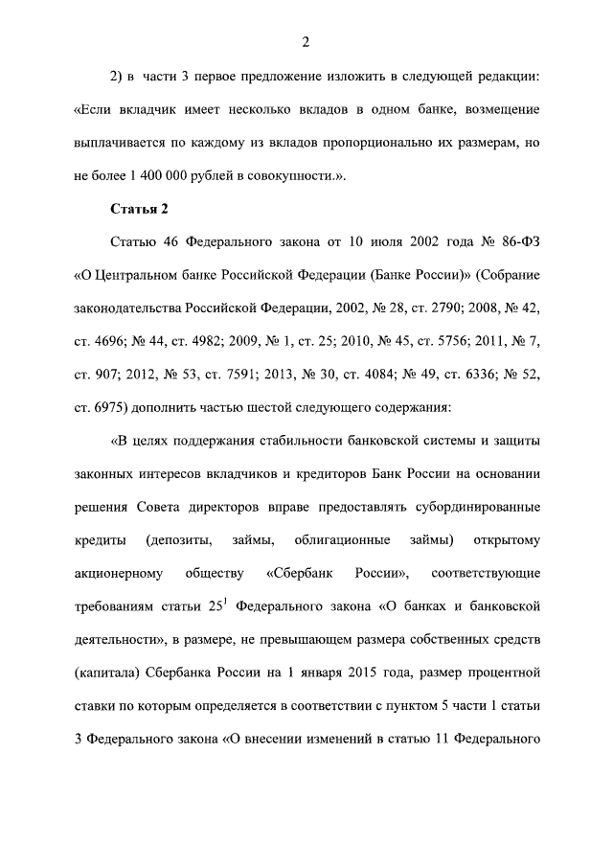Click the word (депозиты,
[180, 540]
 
